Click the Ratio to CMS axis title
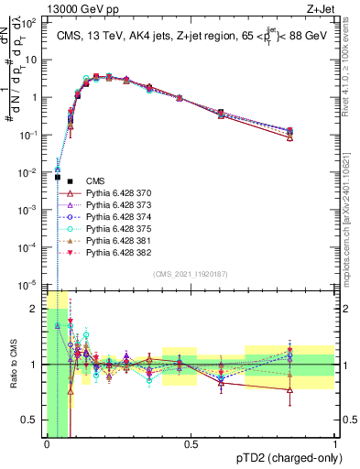point(12,365)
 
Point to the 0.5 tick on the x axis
point(191,445)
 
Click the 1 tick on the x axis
point(336,445)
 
